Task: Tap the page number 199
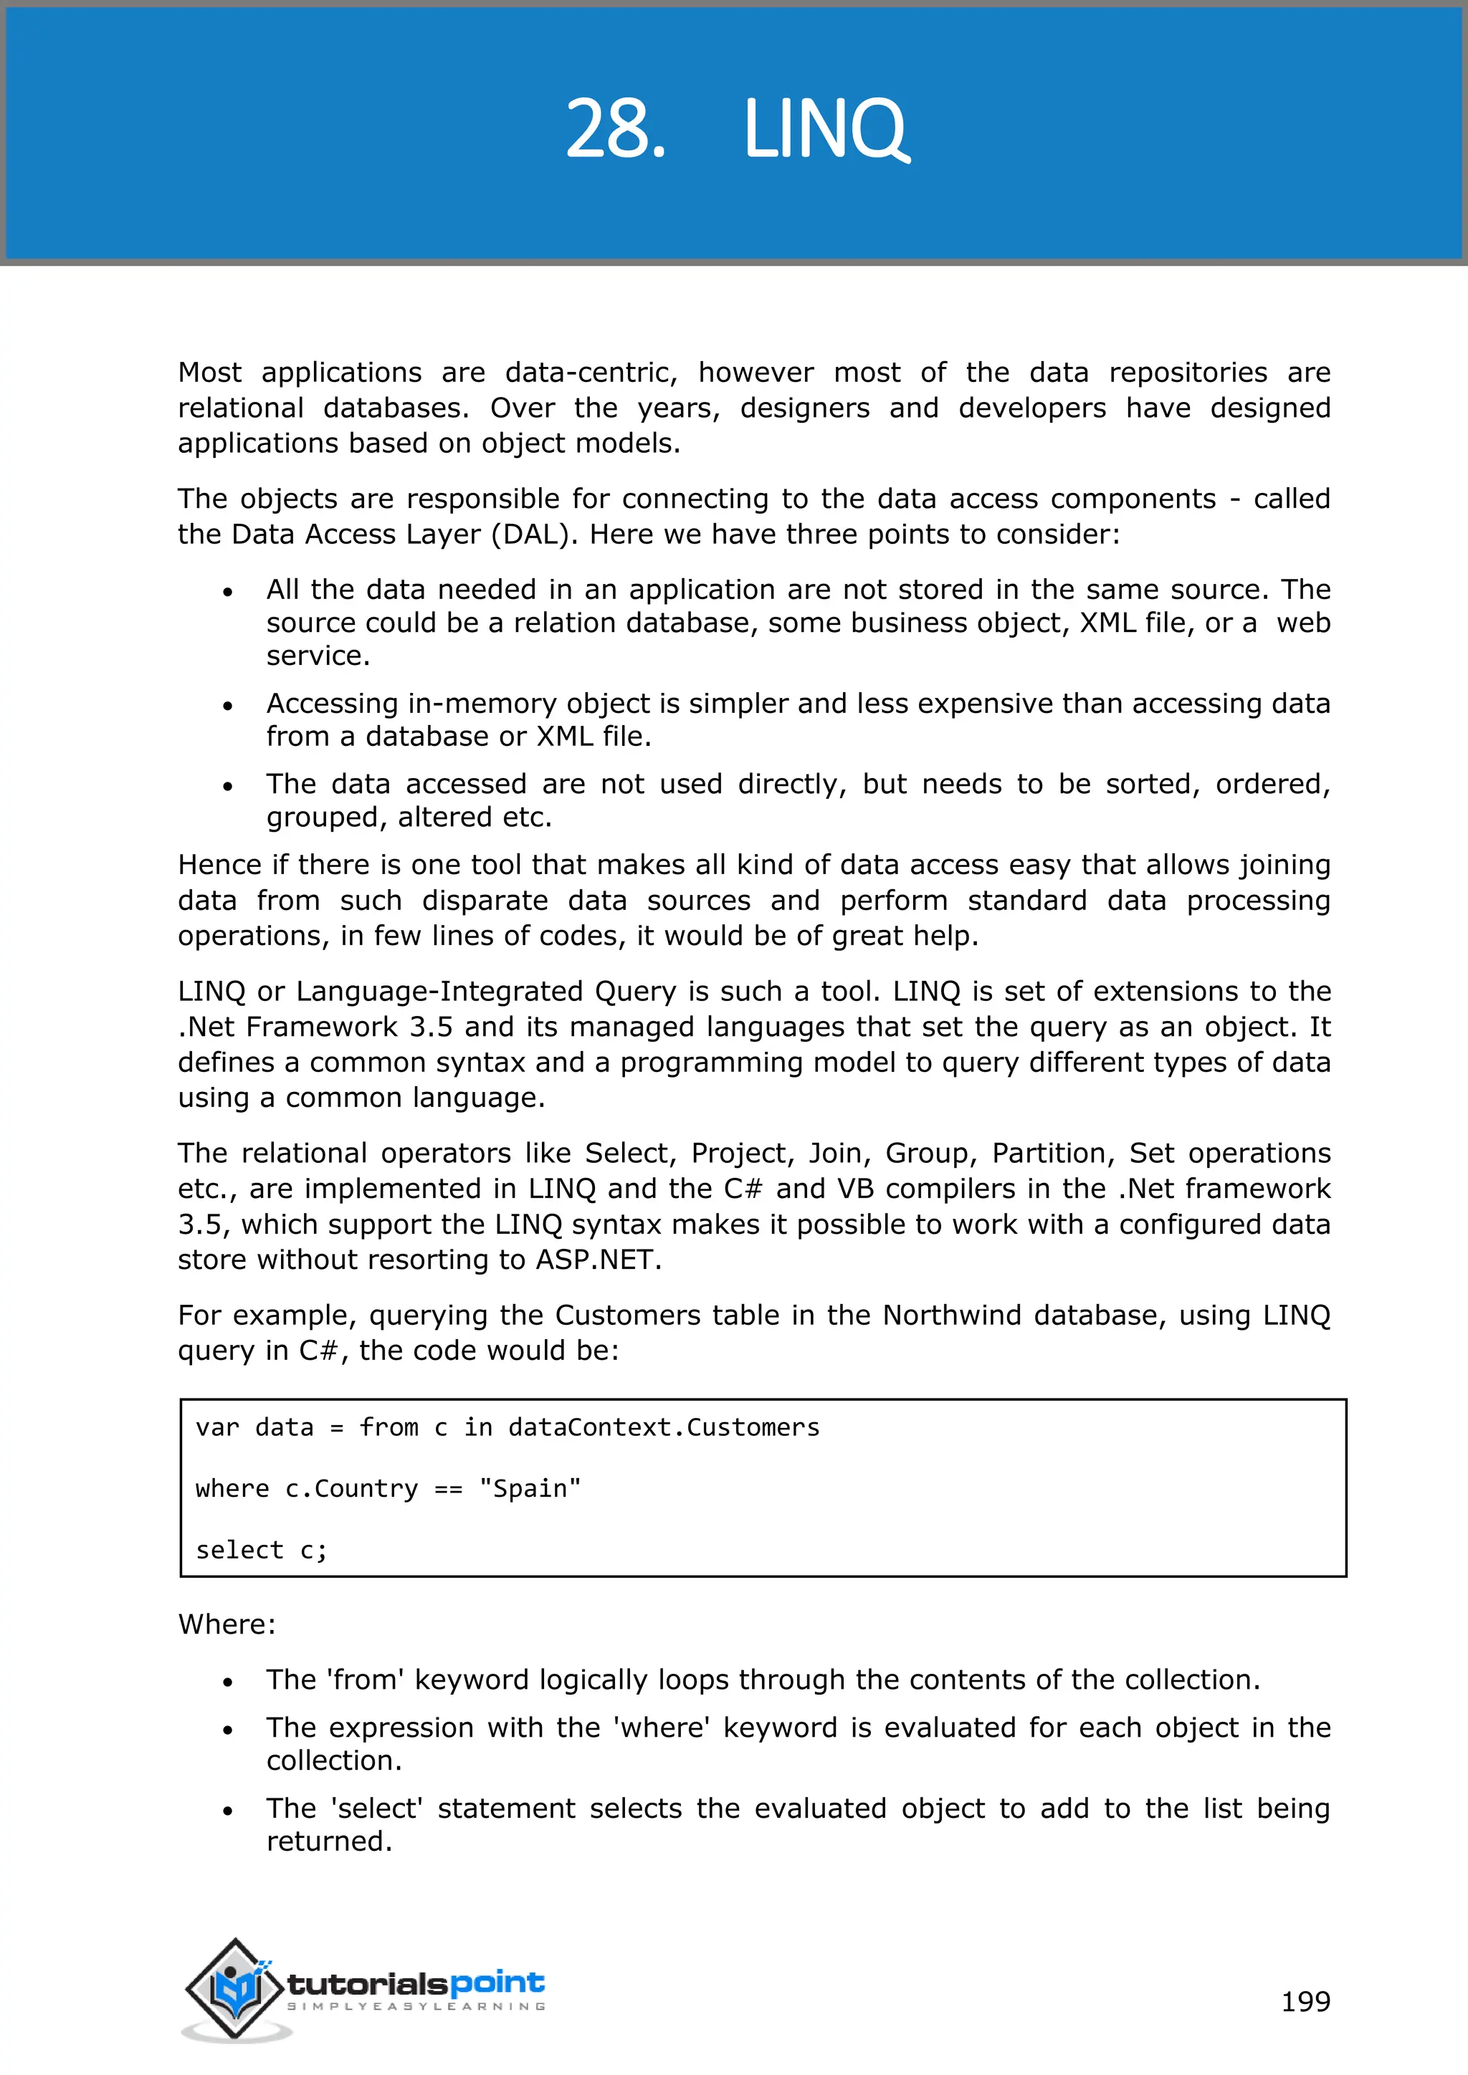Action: [1305, 2001]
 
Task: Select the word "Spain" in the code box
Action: [530, 1488]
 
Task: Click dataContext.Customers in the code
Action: [664, 1427]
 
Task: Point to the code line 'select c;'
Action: [261, 1550]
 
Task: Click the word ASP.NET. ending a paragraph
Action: [599, 1259]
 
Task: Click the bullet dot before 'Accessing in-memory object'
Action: [228, 706]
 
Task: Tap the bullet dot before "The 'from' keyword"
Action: [228, 1682]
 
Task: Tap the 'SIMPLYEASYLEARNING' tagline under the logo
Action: [416, 2006]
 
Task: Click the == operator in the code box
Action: [448, 1488]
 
